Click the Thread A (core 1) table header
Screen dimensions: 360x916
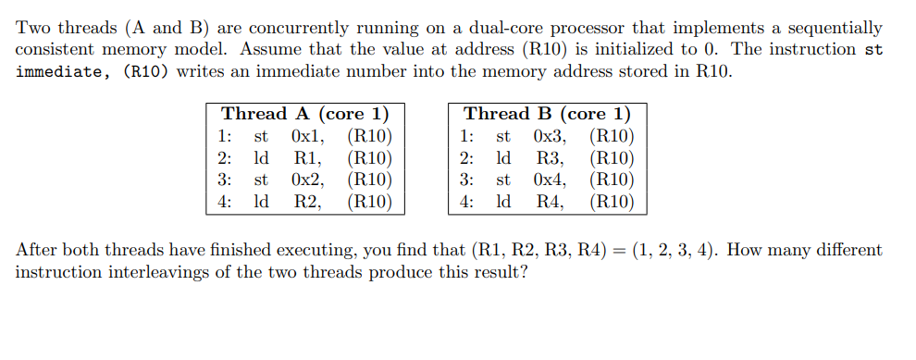(304, 114)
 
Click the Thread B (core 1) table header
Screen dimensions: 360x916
(547, 114)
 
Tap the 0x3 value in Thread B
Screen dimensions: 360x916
(551, 136)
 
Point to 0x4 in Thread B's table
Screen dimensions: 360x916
(551, 179)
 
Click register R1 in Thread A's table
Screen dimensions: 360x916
(307, 157)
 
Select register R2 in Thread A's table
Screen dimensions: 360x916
(307, 200)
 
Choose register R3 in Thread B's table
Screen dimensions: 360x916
(550, 157)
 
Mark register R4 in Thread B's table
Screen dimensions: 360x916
(550, 200)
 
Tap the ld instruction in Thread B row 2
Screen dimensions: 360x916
(504, 157)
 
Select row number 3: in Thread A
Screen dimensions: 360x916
(225, 179)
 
